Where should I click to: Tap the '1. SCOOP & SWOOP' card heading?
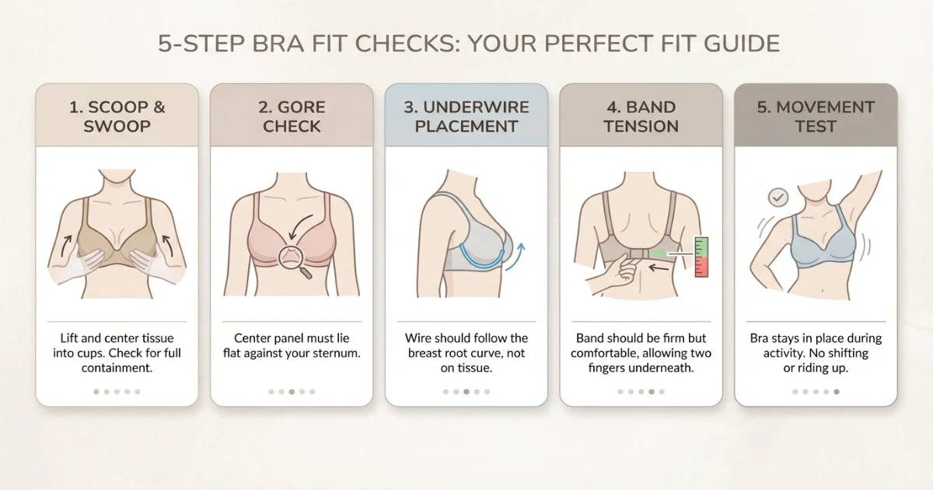(x=117, y=117)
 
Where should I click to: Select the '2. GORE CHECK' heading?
(x=292, y=117)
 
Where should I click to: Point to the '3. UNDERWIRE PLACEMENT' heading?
(x=466, y=117)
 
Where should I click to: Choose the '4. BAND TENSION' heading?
(x=641, y=117)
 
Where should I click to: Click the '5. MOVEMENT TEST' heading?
(x=816, y=117)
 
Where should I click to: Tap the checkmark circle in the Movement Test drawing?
(x=777, y=198)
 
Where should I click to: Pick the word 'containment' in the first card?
(x=117, y=368)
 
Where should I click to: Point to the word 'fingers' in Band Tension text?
(x=612, y=368)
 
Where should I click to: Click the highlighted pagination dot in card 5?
(x=837, y=392)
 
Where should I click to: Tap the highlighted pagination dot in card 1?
(x=96, y=392)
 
